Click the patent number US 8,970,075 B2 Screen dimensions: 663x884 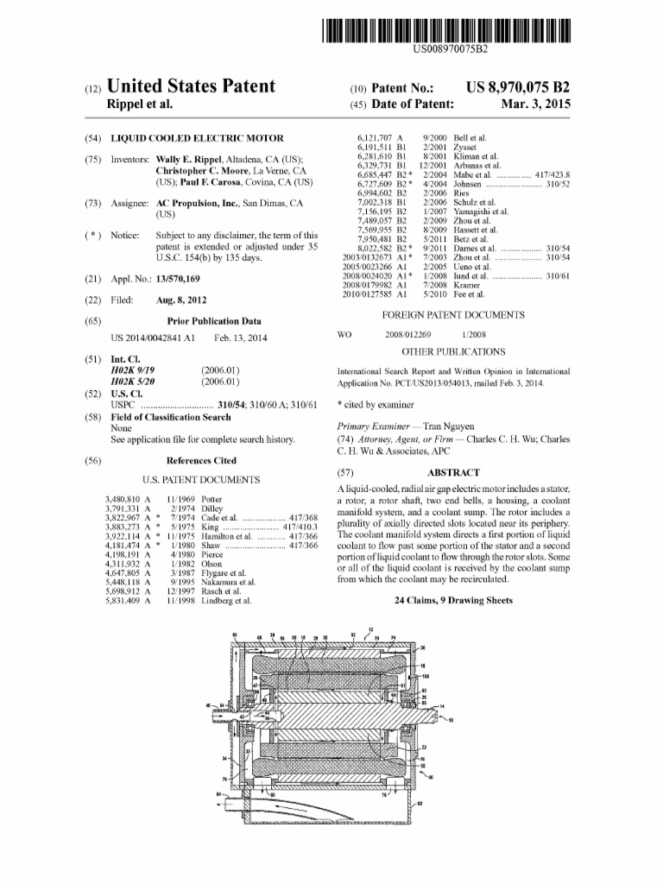517,88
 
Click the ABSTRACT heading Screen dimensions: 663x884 453,473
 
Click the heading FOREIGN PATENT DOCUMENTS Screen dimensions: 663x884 452,315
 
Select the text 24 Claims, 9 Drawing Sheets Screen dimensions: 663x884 453,599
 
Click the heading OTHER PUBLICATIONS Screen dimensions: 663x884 453,352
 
